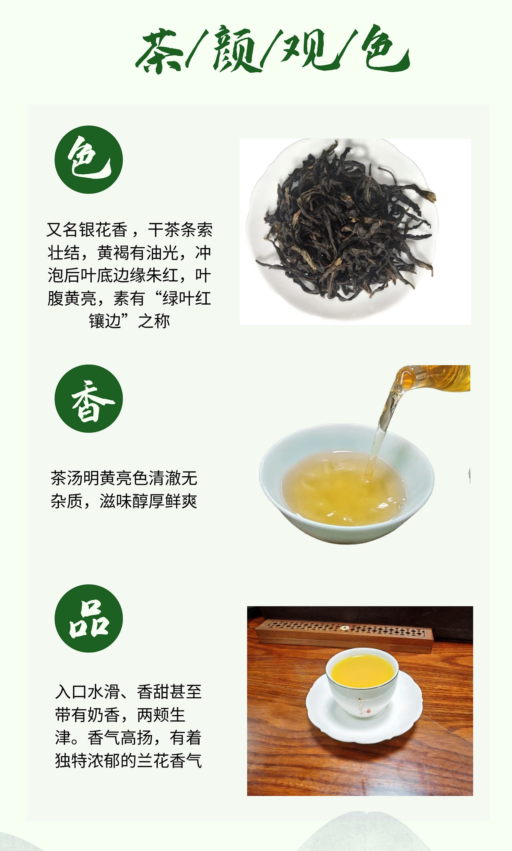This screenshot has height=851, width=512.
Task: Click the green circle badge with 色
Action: click(89, 159)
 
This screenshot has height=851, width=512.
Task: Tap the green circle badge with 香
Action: click(89, 398)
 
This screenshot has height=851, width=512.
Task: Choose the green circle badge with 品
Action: click(89, 618)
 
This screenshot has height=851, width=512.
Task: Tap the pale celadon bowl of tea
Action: click(347, 483)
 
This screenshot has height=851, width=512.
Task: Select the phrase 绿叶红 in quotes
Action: click(187, 298)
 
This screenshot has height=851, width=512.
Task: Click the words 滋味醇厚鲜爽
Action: click(148, 501)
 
